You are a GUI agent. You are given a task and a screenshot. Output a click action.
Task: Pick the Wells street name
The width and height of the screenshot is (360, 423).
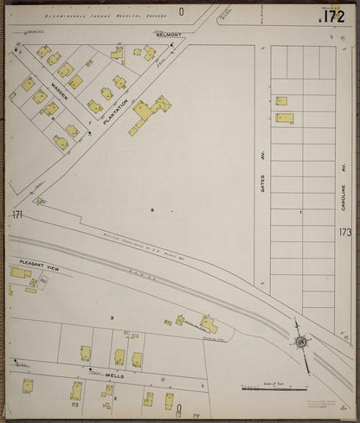[114, 376]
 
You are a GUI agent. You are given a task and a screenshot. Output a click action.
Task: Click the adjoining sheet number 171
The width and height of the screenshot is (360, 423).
[16, 214]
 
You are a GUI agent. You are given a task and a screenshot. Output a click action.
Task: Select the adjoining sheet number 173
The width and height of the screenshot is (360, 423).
[345, 233]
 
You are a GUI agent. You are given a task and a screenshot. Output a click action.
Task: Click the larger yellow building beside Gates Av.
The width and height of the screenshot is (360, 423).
[285, 118]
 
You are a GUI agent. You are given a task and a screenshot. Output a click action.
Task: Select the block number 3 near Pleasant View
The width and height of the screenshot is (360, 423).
[111, 319]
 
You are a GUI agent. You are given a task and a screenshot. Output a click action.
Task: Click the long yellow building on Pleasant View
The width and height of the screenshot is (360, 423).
[20, 272]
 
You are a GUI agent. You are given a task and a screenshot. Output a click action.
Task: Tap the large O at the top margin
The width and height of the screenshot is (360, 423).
[182, 11]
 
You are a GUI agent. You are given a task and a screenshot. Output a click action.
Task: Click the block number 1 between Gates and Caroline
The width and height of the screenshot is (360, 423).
[300, 211]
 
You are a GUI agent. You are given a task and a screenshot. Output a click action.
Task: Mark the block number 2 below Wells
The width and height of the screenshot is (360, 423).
[115, 399]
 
